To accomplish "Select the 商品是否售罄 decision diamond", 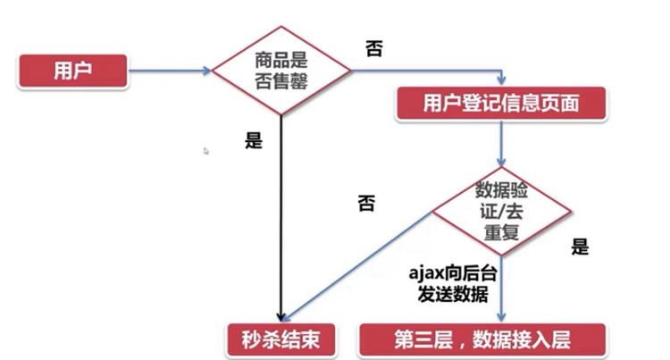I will coord(281,70).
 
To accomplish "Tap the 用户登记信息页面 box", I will coord(501,105).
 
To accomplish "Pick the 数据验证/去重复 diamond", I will coord(502,213).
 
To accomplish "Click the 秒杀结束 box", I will coord(281,339).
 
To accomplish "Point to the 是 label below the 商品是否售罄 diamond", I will coord(253,141).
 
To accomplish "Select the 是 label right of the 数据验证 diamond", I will coord(581,247).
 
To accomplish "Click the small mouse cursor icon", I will coord(206,151).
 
